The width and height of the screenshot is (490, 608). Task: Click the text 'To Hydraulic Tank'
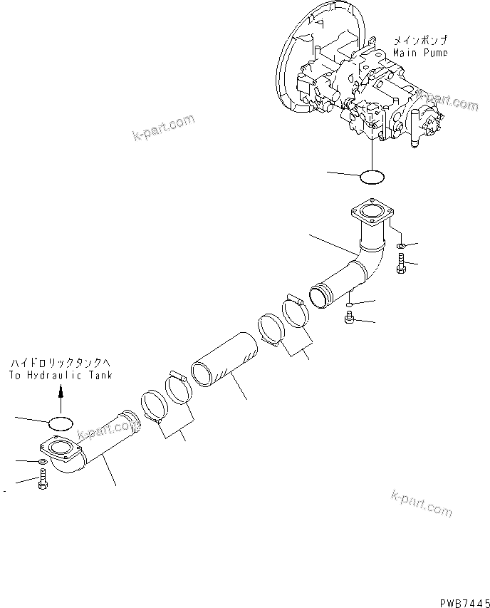tap(61, 374)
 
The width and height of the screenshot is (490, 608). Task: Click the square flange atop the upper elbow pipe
tap(372, 212)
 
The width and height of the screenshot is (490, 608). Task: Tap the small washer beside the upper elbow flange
tap(400, 246)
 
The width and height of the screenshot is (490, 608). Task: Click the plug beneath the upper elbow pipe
tap(349, 319)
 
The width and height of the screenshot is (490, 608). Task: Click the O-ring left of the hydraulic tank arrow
tap(60, 423)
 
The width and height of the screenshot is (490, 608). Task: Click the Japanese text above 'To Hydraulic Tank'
tap(61, 364)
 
